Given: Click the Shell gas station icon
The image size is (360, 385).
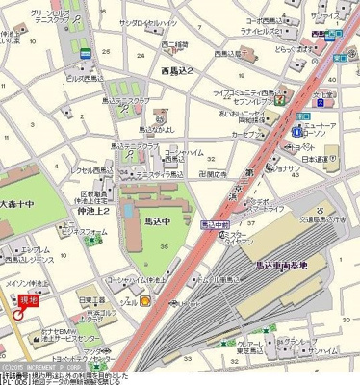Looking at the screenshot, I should (x=146, y=300).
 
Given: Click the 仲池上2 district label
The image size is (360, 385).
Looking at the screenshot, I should (x=92, y=209).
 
